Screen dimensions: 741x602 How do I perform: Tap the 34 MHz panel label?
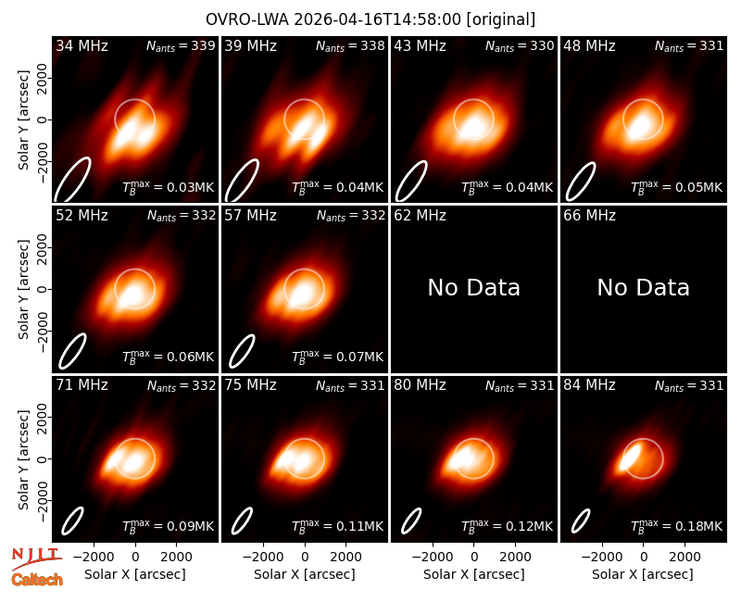82,45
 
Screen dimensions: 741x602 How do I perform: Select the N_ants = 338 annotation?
350,45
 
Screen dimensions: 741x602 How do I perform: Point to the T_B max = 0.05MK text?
677,187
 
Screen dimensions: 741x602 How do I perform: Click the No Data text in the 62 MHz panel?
473,287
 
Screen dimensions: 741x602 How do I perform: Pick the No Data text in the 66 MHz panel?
643,287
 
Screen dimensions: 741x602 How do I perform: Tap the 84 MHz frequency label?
589,385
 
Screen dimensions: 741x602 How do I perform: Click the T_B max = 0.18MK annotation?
677,526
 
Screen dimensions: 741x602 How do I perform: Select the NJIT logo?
36,558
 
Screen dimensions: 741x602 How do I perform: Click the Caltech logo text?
37,580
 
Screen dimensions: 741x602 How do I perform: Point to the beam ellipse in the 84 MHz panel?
581,520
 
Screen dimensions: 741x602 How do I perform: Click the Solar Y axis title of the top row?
23,120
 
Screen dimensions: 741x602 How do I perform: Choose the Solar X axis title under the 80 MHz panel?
474,574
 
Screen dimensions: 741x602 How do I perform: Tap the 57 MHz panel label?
250,216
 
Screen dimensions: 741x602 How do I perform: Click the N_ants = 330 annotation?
520,45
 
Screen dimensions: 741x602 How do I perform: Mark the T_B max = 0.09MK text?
169,526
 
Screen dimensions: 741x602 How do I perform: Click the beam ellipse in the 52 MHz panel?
72,351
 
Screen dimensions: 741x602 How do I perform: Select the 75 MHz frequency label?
250,385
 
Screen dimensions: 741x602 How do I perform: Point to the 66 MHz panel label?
589,216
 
